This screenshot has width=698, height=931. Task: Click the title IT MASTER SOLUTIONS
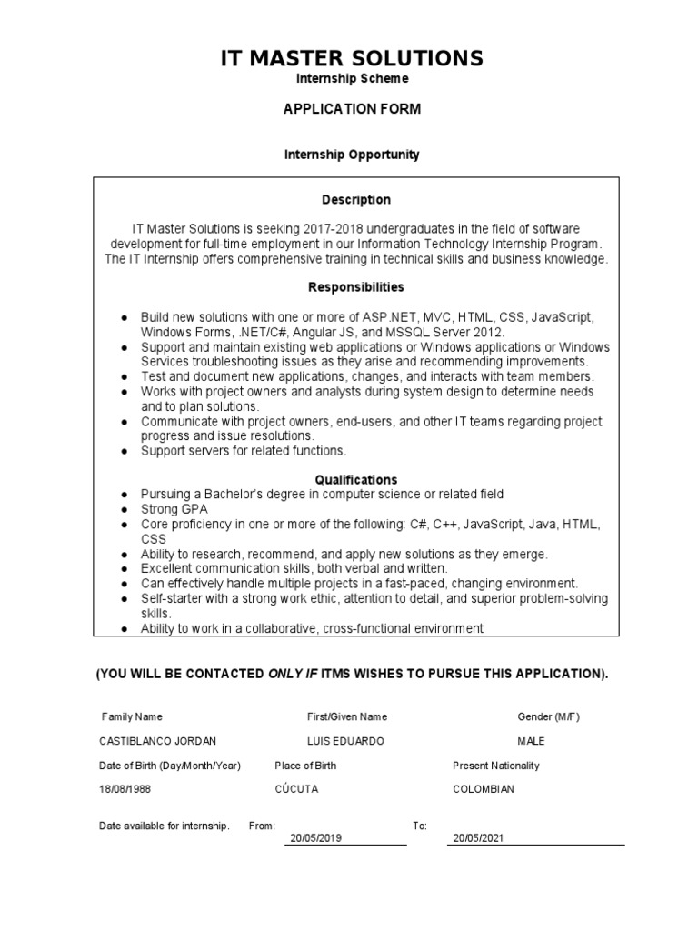tap(353, 58)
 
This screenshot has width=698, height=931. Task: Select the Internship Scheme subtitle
tap(352, 79)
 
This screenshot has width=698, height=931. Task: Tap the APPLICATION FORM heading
tap(353, 109)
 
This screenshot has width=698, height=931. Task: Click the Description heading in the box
tap(356, 199)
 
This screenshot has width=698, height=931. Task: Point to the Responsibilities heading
tap(356, 286)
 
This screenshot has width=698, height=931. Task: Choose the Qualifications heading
tap(356, 479)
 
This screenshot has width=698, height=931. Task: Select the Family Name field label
tap(132, 716)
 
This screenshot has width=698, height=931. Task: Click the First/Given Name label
tap(347, 716)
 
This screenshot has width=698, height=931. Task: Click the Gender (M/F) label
tap(548, 716)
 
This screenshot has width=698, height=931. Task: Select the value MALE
tap(533, 741)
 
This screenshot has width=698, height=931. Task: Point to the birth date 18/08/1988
tap(125, 789)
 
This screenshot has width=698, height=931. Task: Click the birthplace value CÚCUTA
tap(295, 789)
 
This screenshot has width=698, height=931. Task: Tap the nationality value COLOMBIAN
tap(484, 789)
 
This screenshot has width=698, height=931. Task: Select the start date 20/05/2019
tap(315, 838)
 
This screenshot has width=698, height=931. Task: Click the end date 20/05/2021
tap(478, 838)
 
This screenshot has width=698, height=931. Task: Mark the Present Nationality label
tap(495, 766)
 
